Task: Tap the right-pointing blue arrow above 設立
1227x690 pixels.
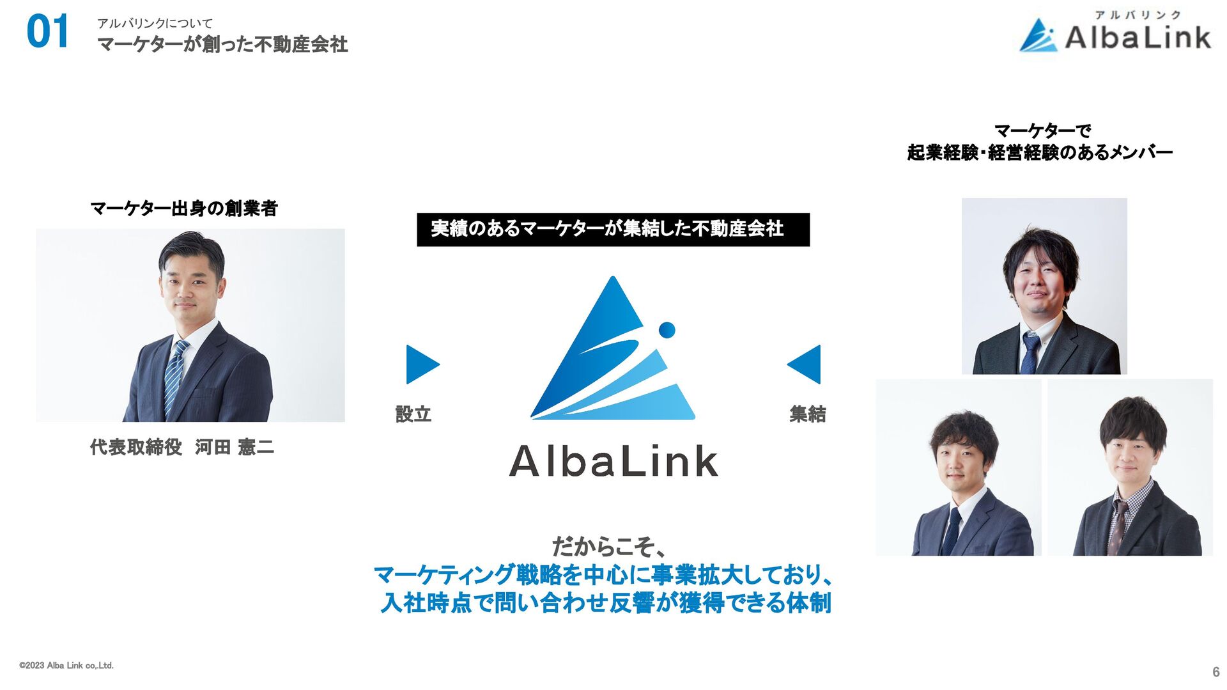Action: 422,365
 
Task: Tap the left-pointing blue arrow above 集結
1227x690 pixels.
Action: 805,365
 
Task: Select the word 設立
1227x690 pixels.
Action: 413,414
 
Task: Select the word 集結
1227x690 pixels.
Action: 808,414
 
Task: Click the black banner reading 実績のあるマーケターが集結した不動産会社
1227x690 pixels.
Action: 612,229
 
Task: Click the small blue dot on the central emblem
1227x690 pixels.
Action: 667,330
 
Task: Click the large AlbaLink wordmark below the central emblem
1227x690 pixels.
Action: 613,461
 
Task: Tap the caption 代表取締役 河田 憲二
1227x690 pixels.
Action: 182,447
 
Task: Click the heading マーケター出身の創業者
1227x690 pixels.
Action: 184,208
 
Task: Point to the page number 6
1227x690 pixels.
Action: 1215,672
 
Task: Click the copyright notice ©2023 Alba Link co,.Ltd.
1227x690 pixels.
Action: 66,666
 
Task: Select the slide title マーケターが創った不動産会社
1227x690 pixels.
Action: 222,45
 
